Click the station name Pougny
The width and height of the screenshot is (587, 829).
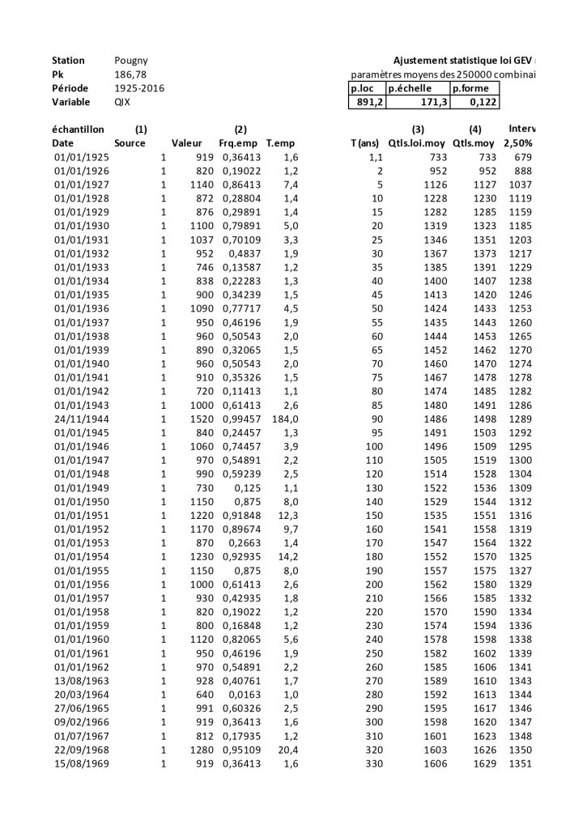[x=131, y=61]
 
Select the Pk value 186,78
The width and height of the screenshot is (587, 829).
[x=131, y=74]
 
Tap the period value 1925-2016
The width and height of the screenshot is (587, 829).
[x=139, y=88]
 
